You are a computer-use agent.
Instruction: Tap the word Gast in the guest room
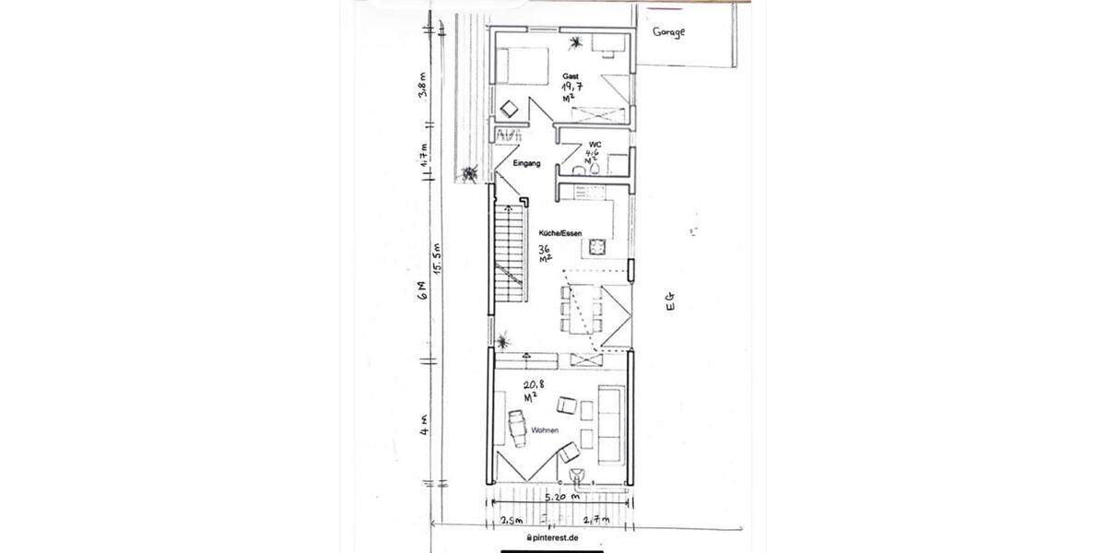pos(571,76)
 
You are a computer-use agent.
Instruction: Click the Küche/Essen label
pos(553,235)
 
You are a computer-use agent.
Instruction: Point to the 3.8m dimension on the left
pos(423,90)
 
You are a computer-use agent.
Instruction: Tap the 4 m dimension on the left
pos(424,429)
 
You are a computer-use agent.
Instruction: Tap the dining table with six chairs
pos(583,312)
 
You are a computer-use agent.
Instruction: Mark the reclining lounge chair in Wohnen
pos(517,426)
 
